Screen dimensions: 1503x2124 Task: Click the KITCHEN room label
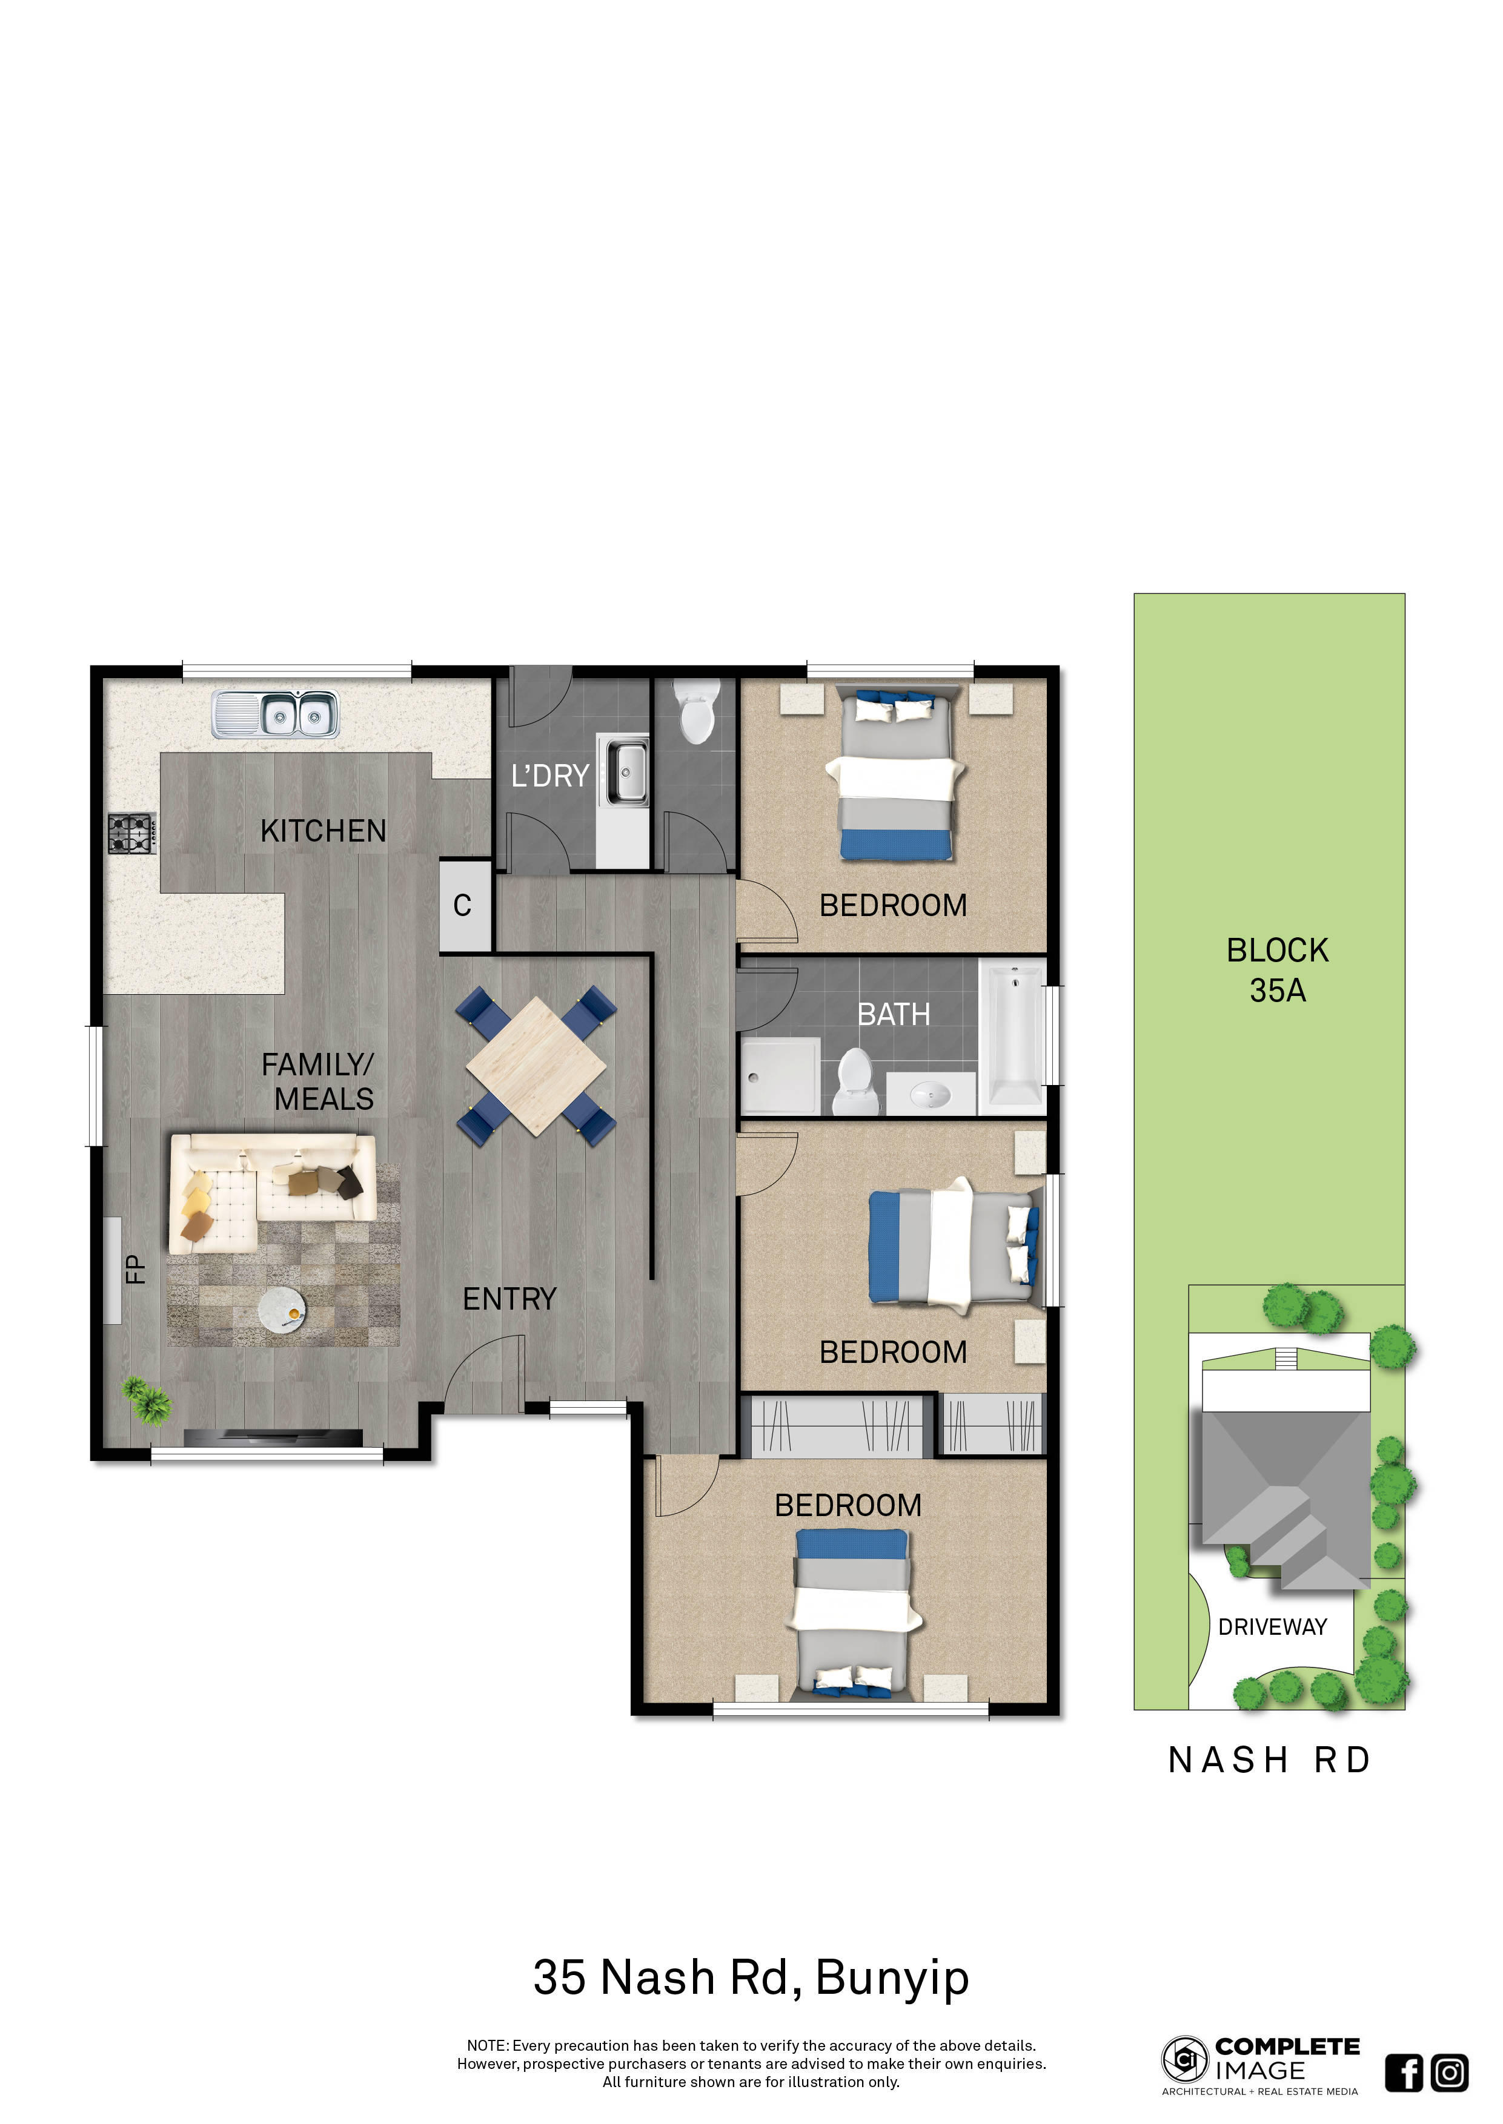point(323,831)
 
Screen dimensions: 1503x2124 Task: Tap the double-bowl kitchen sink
point(275,714)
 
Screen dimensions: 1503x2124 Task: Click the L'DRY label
point(549,775)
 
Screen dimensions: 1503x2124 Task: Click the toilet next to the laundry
point(696,711)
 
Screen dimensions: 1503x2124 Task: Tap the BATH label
point(893,1015)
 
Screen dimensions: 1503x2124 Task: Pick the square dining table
point(536,1066)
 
